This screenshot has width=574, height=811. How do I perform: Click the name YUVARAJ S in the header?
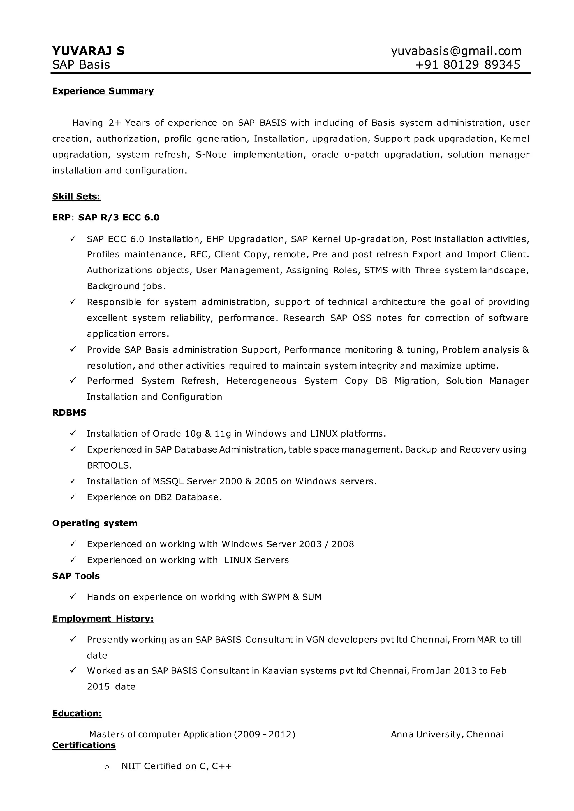[88, 51]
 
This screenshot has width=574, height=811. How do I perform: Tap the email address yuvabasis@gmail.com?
[456, 51]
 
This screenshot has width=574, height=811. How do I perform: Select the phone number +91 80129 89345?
[467, 65]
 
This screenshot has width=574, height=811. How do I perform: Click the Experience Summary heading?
[103, 91]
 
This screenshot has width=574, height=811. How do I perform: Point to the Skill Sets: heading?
[76, 197]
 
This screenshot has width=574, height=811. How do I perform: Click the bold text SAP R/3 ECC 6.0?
[119, 218]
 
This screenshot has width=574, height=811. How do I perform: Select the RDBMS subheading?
[69, 413]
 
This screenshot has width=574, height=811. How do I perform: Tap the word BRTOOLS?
[109, 465]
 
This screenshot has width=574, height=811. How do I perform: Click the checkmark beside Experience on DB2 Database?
[73, 497]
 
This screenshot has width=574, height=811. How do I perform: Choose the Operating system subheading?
[95, 523]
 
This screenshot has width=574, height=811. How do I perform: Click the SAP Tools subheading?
[76, 576]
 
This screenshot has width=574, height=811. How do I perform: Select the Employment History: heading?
[103, 619]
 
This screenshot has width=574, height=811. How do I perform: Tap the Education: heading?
[77, 714]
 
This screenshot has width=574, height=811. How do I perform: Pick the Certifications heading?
[84, 745]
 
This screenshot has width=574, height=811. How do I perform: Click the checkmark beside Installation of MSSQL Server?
[73, 481]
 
